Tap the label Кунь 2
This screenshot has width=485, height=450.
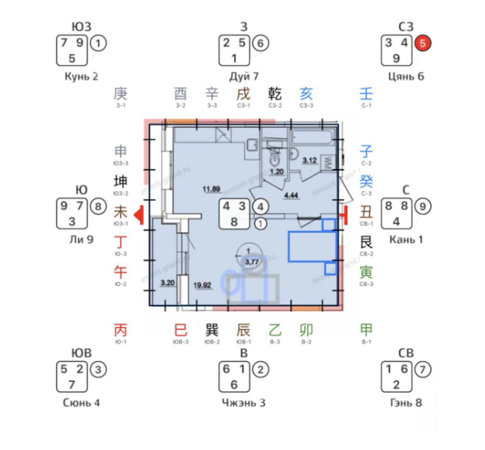(x=82, y=77)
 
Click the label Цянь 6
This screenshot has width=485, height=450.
(x=406, y=77)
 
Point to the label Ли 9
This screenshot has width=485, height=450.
(x=81, y=240)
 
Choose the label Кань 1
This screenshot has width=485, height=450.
(x=405, y=240)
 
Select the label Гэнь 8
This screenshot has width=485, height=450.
(x=406, y=403)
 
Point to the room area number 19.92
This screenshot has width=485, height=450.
(x=203, y=285)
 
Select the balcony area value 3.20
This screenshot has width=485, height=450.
(x=167, y=284)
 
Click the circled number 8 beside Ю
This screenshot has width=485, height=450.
(x=97, y=207)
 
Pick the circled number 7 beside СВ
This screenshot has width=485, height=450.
(x=422, y=369)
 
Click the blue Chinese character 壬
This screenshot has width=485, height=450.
(x=366, y=94)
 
